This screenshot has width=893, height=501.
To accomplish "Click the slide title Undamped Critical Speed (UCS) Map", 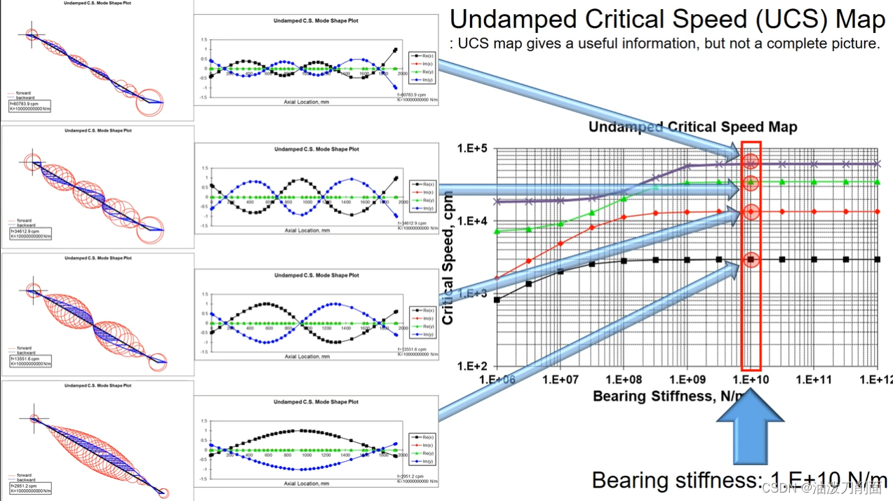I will coord(666,19).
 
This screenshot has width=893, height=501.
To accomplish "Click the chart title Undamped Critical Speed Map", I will coord(692,127).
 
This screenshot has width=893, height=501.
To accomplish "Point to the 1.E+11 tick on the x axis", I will coord(814,380).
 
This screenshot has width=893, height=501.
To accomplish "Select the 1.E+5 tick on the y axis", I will coord(473,149).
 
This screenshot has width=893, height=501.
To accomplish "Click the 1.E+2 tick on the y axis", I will coord(473,366).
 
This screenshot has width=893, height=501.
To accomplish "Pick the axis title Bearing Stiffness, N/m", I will coord(670,396).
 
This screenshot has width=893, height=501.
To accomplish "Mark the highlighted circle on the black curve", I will coord(751,260).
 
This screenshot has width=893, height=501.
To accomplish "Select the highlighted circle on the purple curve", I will coord(751,163).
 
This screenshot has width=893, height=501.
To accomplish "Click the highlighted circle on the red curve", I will coord(751,212).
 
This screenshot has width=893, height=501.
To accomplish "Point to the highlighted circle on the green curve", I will coord(751,182).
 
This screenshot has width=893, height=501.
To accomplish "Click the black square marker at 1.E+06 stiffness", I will coord(497,300).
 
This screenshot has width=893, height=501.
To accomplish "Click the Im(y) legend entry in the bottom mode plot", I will coord(426,462).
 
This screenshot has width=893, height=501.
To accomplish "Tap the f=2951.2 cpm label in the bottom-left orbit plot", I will coord(24,485).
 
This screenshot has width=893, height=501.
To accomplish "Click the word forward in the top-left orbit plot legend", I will coord(24,93).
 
